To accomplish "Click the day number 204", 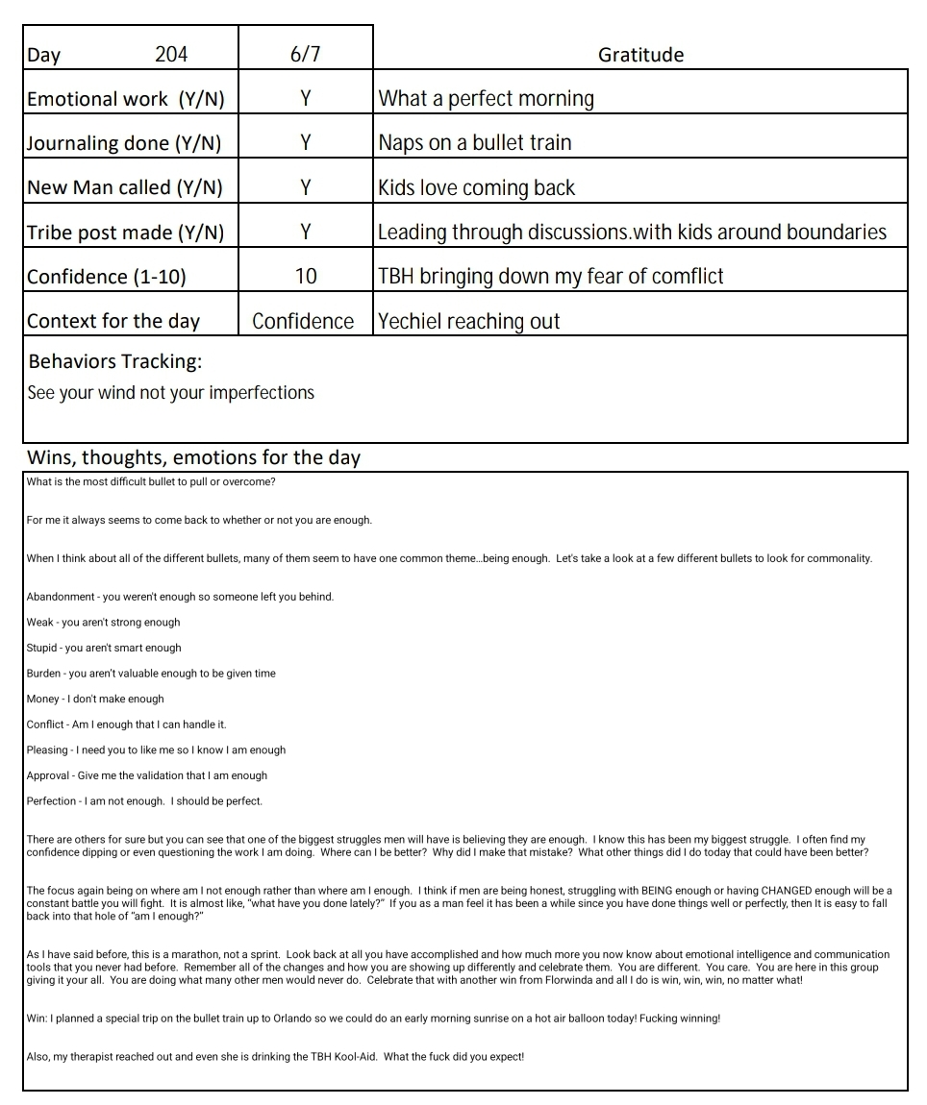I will pyautogui.click(x=171, y=55).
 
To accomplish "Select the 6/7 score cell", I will pyautogui.click(x=305, y=55).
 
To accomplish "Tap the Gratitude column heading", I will pyautogui.click(x=640, y=55).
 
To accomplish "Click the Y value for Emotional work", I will pyautogui.click(x=305, y=99).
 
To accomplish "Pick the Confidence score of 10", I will pyautogui.click(x=305, y=277).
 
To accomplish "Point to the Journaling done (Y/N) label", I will pyautogui.click(x=124, y=143).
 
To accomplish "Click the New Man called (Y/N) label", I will pyautogui.click(x=124, y=188).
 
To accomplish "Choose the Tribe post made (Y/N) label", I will pyautogui.click(x=125, y=233).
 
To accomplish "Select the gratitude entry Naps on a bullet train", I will pyautogui.click(x=475, y=143).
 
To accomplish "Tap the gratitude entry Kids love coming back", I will pyautogui.click(x=476, y=188).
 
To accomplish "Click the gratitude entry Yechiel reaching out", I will pyautogui.click(x=468, y=322).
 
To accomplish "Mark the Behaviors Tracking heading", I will pyautogui.click(x=115, y=362).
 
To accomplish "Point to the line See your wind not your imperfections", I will pyautogui.click(x=170, y=392).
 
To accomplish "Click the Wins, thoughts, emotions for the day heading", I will pyautogui.click(x=193, y=457).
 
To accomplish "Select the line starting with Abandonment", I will pyautogui.click(x=180, y=597).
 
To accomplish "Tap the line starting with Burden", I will pyautogui.click(x=151, y=674).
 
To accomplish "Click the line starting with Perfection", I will pyautogui.click(x=144, y=801).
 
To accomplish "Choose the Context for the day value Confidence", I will pyautogui.click(x=303, y=322).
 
